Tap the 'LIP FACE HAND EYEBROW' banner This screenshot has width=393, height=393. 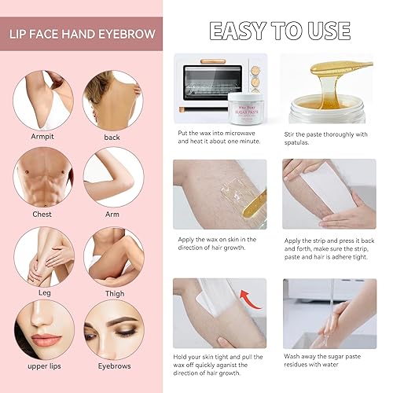(x=82, y=35)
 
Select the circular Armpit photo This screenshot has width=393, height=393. (x=45, y=97)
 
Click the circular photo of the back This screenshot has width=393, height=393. (x=113, y=97)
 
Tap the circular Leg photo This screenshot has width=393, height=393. (x=45, y=256)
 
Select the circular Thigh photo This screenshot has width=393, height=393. (x=113, y=256)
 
